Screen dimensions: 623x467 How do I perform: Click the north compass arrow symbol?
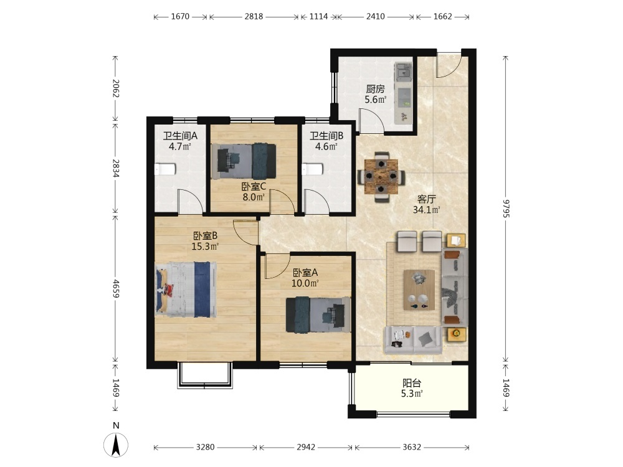coord(116,445)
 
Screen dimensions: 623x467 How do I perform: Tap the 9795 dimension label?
coord(505,208)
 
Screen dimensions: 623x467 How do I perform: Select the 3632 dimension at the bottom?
coord(412,447)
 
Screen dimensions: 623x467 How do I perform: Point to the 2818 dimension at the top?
coord(254,16)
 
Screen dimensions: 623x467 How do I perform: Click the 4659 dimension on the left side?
coord(116,289)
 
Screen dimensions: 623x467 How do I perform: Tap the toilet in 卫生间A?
coord(165,169)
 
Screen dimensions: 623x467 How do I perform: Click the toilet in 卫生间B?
coord(312,169)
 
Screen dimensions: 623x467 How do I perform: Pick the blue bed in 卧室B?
coord(186,289)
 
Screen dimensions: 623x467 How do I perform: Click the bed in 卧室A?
coord(318,314)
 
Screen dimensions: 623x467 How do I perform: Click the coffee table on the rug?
coord(419,290)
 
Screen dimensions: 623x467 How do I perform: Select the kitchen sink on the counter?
coord(403,72)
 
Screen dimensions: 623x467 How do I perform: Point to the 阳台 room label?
coord(412,383)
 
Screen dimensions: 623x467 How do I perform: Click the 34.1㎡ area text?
coord(426,210)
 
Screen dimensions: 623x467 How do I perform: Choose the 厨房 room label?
coord(376,89)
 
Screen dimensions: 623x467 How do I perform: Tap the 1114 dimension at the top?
coord(318,16)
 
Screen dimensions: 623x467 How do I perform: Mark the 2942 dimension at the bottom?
coord(306,447)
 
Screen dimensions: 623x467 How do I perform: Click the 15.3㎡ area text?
coord(205,246)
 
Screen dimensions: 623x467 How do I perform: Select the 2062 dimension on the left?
coord(116,88)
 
